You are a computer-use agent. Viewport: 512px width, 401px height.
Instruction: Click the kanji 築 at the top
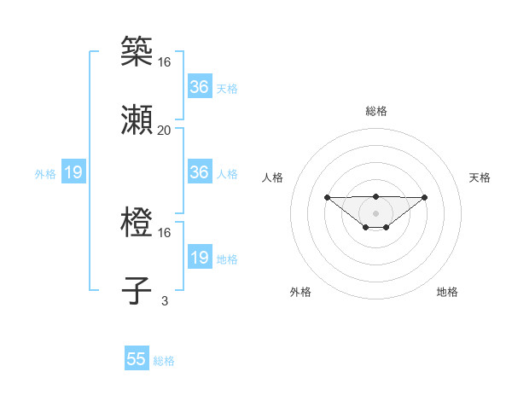[x=137, y=50]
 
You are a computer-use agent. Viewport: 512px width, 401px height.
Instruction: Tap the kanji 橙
[x=137, y=221]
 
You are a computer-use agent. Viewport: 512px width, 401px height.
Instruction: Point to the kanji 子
[x=137, y=289]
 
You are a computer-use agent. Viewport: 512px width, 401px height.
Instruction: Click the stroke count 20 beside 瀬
[x=164, y=130]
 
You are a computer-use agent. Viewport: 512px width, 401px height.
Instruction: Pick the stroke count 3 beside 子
[x=164, y=300]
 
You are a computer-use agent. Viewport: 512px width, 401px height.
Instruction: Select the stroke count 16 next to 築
[x=164, y=61]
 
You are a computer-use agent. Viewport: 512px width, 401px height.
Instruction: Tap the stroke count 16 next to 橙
[x=164, y=232]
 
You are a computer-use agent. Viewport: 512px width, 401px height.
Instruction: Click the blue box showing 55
[x=137, y=359]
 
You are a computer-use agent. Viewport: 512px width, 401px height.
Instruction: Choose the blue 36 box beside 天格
[x=199, y=87]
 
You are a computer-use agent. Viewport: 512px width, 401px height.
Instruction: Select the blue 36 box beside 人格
[x=199, y=172]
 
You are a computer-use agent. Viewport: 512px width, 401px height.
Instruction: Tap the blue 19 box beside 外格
[x=73, y=172]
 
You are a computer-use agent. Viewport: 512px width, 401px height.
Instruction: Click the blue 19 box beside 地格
[x=199, y=258]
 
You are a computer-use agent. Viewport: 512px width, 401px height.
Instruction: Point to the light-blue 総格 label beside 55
[x=164, y=361]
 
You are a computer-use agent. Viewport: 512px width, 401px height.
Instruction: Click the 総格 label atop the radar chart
[x=376, y=111]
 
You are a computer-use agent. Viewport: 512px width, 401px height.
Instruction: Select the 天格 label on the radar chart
[x=480, y=177]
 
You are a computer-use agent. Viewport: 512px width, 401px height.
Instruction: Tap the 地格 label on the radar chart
[x=447, y=292]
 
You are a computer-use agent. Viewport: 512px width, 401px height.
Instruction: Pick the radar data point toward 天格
[x=425, y=197]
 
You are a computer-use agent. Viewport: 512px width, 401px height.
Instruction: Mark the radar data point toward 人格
[x=327, y=197]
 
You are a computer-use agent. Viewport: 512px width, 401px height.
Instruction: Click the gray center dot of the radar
[x=375, y=212]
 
